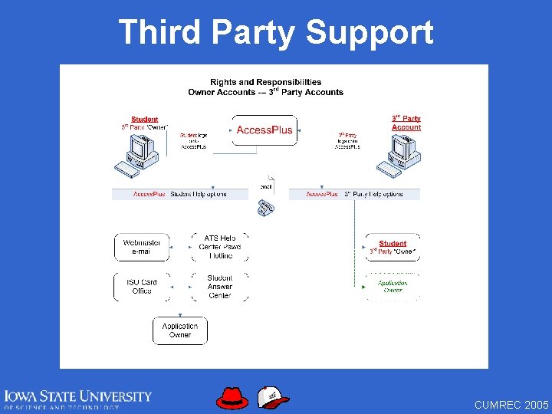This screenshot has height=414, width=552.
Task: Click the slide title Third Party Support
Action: (x=276, y=32)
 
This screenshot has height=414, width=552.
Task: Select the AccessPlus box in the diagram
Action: (x=264, y=130)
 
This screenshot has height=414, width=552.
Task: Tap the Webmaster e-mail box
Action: (x=142, y=246)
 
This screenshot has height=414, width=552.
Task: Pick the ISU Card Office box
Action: (x=142, y=287)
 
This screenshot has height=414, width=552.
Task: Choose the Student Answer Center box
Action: (x=220, y=287)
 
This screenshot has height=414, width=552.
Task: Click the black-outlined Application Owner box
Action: (x=180, y=330)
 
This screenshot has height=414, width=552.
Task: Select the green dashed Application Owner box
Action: (x=393, y=287)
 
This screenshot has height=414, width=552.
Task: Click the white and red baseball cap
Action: (x=273, y=397)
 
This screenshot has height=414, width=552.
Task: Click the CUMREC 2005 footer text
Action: (x=511, y=404)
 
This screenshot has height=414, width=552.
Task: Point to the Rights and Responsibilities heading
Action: (x=266, y=87)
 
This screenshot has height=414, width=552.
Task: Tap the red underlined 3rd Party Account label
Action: (x=406, y=123)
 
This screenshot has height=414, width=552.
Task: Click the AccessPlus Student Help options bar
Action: (x=180, y=194)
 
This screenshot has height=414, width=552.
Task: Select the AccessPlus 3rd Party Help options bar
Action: (x=355, y=194)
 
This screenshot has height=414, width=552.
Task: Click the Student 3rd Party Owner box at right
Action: (x=393, y=247)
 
